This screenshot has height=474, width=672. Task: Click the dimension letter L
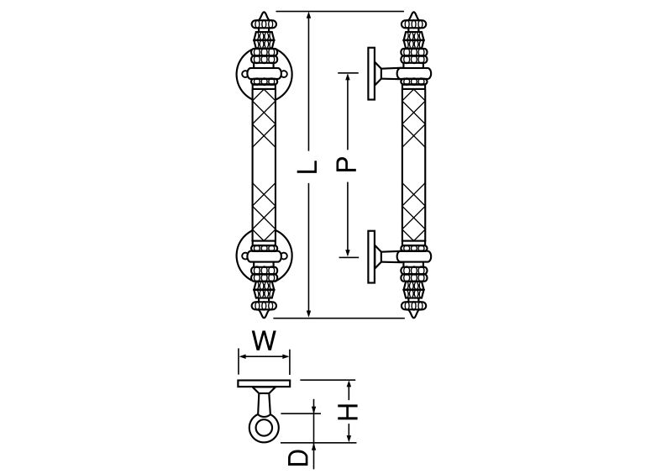pos(307,167)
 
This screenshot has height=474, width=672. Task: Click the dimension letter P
pos(346,165)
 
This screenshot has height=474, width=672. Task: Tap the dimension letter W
pos(264,340)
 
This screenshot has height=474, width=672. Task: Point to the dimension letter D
pos(298,458)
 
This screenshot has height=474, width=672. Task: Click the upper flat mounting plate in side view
pos(371,74)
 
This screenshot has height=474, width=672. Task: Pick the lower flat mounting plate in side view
pos(371,257)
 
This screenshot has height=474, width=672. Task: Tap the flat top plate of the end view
pos(264,383)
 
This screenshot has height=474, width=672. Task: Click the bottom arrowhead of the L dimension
pos(308,313)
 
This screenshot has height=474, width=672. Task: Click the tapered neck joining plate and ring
pos(264,401)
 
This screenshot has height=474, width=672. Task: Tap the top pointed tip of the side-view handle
pos(413,12)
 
